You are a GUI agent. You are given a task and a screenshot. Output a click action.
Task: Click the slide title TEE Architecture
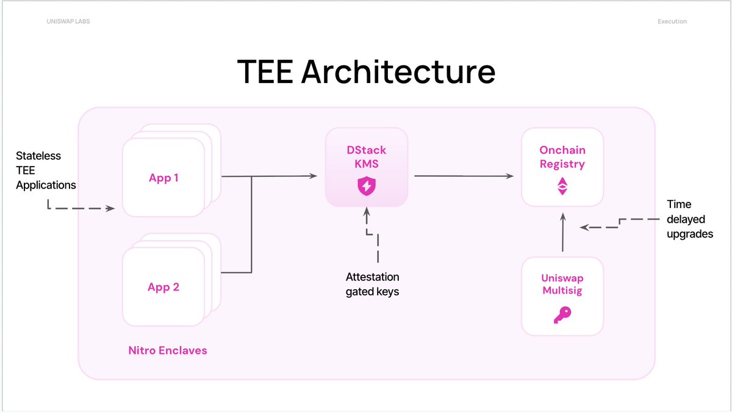tap(365, 71)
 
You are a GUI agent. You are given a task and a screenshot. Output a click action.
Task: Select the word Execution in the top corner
tap(672, 21)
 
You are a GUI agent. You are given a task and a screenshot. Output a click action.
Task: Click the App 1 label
tap(163, 178)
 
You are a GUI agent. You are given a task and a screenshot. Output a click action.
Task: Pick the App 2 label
tap(163, 287)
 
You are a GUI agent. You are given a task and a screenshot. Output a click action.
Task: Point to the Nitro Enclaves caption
tap(168, 350)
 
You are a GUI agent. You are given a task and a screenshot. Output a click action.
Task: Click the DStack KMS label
tap(366, 156)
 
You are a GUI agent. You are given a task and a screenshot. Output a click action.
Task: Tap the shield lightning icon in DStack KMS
tap(366, 185)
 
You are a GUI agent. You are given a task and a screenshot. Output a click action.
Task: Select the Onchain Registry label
tap(562, 157)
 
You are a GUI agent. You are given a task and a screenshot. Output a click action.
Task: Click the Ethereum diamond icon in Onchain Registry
tap(562, 186)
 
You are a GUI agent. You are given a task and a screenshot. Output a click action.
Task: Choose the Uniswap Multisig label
tap(562, 284)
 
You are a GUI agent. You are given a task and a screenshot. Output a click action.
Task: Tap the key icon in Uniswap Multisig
tap(562, 314)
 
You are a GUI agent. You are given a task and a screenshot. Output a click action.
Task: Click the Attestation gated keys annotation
tap(372, 284)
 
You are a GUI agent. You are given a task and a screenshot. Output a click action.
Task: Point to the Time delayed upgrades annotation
tap(689, 218)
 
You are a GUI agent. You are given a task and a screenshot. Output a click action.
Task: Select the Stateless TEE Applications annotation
tap(46, 170)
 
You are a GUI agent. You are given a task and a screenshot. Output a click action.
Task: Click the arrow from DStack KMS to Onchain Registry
tap(464, 176)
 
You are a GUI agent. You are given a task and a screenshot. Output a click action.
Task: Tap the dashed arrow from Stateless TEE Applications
tap(79, 209)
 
